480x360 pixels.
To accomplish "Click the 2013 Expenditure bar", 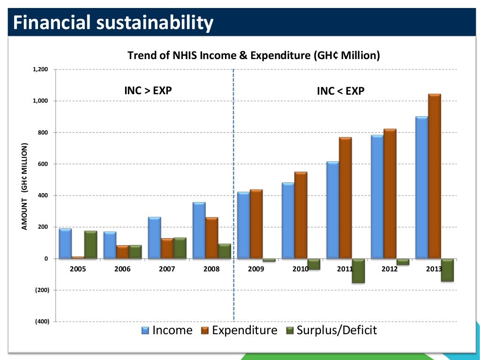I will tap(435, 176).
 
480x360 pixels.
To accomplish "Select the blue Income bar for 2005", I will tap(65, 243).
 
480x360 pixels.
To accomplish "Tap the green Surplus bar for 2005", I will tap(90, 245).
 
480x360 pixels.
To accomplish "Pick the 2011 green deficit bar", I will tap(358, 270).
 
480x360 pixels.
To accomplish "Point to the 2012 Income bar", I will tap(377, 196).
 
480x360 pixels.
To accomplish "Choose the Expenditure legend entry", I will tap(239, 330).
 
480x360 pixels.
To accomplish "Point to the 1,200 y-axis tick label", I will tap(41, 69).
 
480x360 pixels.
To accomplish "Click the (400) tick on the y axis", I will tap(40, 322).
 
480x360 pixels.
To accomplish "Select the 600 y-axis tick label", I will tap(43, 164).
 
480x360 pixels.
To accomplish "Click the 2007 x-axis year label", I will tap(167, 269).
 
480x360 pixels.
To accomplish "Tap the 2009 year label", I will tap(256, 269).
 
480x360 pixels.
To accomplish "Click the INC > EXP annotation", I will tap(148, 90).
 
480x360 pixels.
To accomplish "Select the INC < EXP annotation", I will tap(340, 91).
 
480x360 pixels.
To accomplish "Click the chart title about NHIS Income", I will tap(254, 55).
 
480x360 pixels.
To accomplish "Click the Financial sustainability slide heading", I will tap(112, 22).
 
